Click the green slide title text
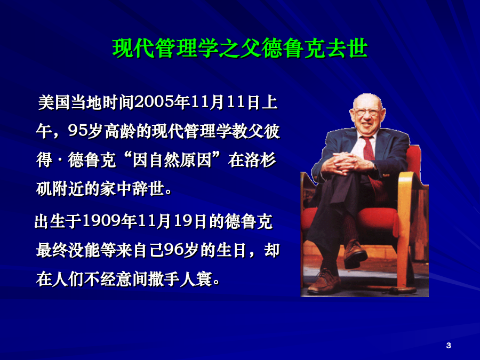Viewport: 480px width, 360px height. (x=240, y=49)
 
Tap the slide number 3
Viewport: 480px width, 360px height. (x=449, y=345)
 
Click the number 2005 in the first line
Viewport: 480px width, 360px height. (x=154, y=102)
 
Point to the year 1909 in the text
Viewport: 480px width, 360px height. (x=102, y=221)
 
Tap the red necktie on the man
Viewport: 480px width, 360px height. (x=371, y=159)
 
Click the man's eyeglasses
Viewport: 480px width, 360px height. (x=366, y=112)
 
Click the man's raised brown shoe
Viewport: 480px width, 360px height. (x=355, y=253)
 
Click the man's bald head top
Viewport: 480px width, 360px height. (x=367, y=100)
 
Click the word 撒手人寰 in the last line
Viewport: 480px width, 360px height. (x=180, y=279)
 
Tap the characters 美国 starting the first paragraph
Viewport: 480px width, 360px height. (x=54, y=102)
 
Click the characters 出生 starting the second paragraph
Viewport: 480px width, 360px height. (x=50, y=221)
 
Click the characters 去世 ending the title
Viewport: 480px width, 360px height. (x=347, y=49)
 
